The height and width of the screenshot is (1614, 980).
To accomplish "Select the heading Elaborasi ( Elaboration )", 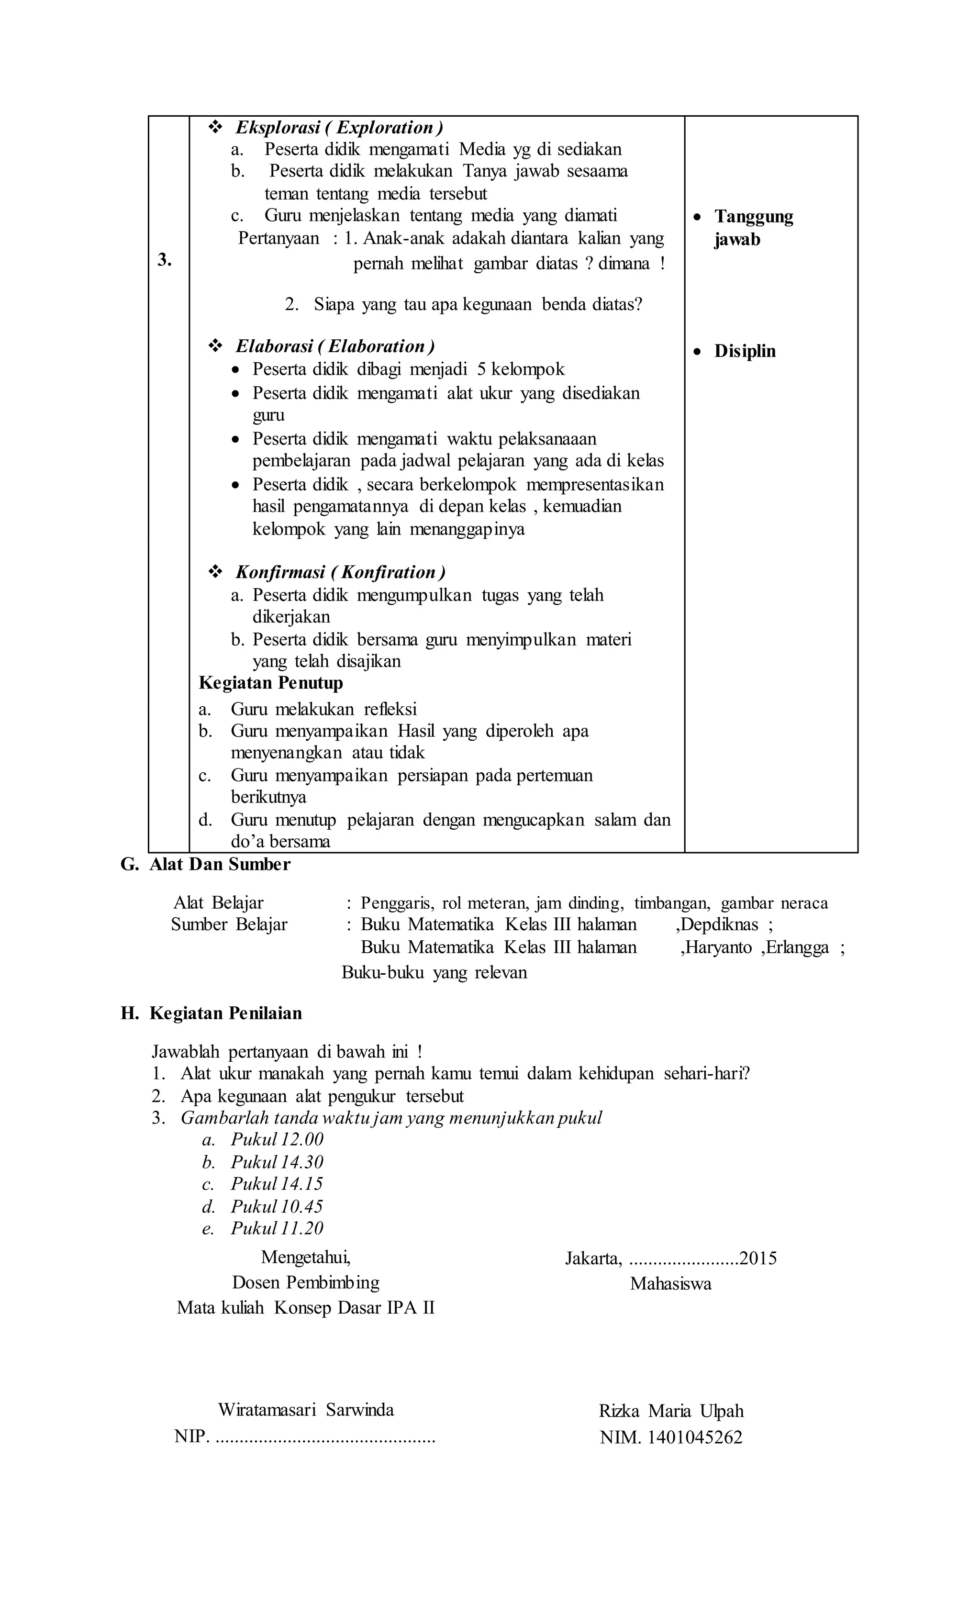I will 335,346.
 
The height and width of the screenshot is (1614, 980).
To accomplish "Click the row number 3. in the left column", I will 165,260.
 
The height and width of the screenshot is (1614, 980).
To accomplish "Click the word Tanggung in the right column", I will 753,216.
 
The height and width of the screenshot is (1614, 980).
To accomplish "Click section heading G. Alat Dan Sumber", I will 205,864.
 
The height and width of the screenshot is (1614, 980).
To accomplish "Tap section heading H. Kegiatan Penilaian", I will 211,1013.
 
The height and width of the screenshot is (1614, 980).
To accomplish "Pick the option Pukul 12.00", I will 277,1139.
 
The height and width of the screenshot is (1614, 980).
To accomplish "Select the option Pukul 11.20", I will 277,1228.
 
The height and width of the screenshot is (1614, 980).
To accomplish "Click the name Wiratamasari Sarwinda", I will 305,1409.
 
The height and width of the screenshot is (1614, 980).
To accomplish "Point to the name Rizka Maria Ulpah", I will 671,1411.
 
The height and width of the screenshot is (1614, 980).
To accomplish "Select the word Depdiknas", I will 721,924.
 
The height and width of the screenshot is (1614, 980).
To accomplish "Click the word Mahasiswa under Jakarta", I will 670,1283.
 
